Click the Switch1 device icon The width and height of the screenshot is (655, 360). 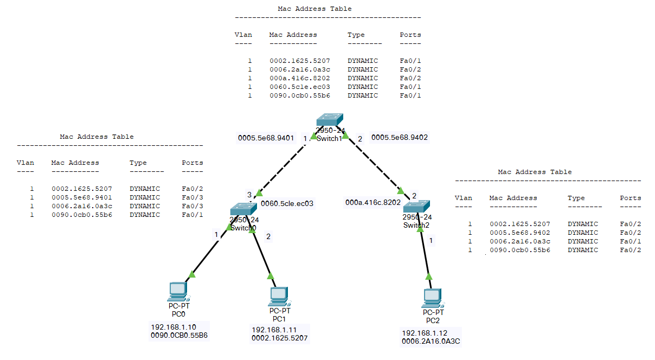click(x=330, y=120)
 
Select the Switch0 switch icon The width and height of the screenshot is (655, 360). click(x=243, y=209)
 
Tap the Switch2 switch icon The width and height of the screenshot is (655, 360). click(x=416, y=206)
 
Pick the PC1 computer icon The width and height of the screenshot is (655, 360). click(x=279, y=296)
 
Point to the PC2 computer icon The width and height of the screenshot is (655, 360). click(x=433, y=298)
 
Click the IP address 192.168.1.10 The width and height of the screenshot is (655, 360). click(x=174, y=327)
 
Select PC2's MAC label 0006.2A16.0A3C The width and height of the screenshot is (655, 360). click(x=431, y=341)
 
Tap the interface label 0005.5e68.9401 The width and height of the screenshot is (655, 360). click(x=266, y=138)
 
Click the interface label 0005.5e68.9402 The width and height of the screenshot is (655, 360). click(x=400, y=138)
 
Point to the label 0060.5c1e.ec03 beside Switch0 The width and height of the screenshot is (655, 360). click(x=287, y=203)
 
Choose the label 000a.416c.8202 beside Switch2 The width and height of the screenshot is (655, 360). click(x=373, y=202)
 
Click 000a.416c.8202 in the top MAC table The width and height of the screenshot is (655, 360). click(x=300, y=78)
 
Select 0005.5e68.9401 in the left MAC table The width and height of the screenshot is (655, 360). click(x=82, y=197)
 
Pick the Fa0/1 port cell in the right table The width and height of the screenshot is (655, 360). click(x=631, y=241)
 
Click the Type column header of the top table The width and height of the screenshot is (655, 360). click(x=356, y=35)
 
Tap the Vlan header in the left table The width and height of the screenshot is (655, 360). click(x=25, y=163)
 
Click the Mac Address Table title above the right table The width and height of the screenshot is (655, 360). click(x=535, y=172)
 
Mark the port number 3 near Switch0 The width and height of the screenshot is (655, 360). click(x=249, y=195)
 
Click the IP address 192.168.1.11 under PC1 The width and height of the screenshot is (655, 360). click(x=274, y=330)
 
